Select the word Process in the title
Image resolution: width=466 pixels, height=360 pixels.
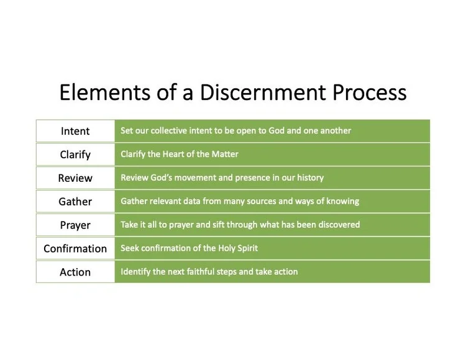coord(369,92)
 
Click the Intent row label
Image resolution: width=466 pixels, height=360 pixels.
coord(75,131)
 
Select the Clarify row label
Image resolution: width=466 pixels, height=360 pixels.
coord(75,155)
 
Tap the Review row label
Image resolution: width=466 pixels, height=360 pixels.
coord(75,178)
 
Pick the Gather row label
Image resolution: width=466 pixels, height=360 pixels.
coord(75,202)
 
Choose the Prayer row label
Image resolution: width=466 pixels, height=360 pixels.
coord(75,225)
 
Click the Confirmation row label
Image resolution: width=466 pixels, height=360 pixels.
coord(75,249)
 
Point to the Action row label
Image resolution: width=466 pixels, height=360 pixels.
coord(75,272)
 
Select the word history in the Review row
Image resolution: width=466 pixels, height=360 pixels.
coord(309,178)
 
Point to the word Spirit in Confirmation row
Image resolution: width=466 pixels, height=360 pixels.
coord(245,248)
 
